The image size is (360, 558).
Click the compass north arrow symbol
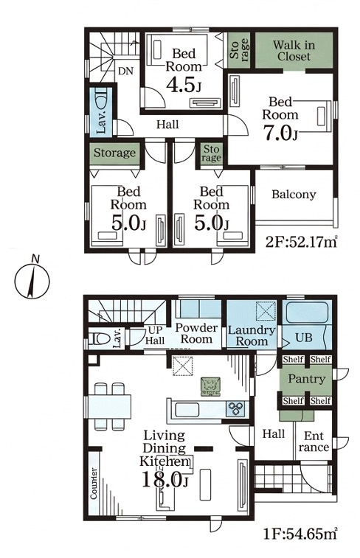(32, 279)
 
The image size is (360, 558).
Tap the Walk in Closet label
(294, 51)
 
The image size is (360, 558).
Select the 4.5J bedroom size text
(184, 86)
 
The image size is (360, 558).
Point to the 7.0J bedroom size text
(280, 133)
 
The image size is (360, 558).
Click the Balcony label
(294, 195)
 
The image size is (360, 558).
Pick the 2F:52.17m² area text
(302, 243)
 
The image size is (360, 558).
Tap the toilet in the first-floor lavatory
(99, 338)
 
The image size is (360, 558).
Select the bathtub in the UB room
(307, 313)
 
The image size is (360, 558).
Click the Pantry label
(307, 380)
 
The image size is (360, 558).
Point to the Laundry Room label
(252, 335)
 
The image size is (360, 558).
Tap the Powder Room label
(196, 333)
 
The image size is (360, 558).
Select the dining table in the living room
(110, 406)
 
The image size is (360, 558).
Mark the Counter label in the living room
(94, 484)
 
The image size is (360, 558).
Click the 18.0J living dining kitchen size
(165, 479)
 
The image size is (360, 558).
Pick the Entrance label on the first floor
(314, 442)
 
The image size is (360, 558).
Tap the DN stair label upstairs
(125, 72)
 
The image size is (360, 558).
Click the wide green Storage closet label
(114, 153)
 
